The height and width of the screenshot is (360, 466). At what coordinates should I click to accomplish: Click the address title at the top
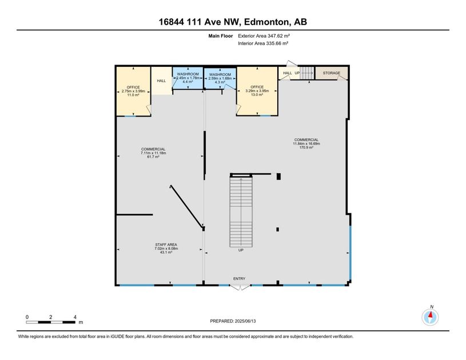233,22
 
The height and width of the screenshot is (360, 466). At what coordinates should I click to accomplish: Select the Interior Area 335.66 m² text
262,43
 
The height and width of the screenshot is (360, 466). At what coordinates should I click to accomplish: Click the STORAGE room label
331,73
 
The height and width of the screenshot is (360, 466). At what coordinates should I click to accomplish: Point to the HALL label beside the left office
161,81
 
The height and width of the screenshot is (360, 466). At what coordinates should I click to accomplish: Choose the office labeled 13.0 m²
257,91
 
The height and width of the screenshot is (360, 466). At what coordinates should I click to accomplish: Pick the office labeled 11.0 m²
133,91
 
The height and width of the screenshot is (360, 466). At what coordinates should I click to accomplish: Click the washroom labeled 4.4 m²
188,78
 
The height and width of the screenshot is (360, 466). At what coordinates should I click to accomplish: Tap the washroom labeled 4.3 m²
220,78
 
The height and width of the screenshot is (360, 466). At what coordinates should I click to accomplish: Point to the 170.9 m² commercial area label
306,143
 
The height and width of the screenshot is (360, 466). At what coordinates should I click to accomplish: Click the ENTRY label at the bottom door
239,279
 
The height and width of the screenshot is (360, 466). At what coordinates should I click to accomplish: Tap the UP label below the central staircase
241,250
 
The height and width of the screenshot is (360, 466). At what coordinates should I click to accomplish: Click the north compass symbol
430,317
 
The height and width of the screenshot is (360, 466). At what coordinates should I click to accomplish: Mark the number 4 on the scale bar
75,317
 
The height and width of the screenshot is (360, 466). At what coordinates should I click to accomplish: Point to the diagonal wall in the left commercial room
186,206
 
